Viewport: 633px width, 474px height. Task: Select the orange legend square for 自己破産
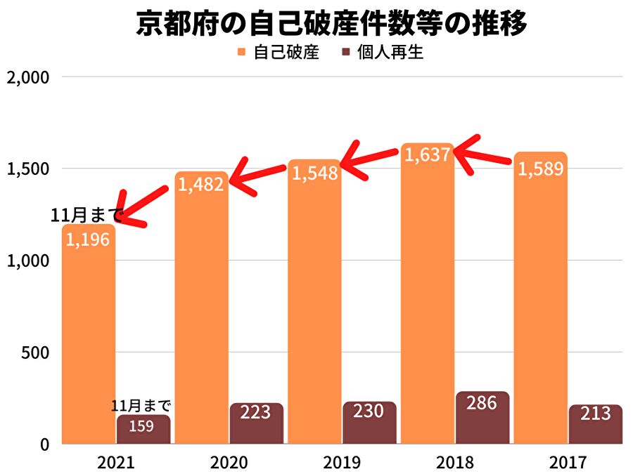241,53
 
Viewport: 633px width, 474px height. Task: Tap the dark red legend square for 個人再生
345,53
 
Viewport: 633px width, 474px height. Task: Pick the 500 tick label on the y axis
34,353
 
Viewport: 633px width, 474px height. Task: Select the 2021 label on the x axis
115,463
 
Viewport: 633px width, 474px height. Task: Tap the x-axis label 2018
456,463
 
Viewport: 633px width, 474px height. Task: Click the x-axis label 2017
568,463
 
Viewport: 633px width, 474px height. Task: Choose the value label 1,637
427,155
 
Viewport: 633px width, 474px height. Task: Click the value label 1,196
88,239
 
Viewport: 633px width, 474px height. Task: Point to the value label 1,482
201,185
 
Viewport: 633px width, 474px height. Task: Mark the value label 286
482,403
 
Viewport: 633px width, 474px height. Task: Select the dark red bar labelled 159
143,430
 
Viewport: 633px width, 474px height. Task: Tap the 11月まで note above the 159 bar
141,406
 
